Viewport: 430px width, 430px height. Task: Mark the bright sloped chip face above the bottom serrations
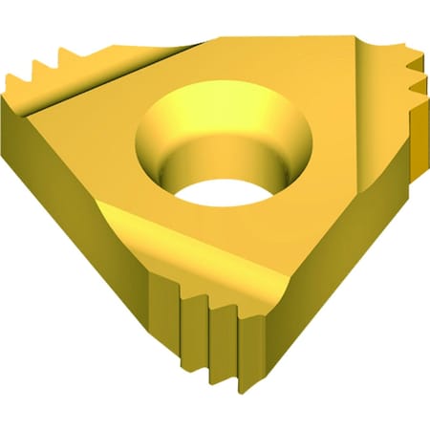coord(191,244)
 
